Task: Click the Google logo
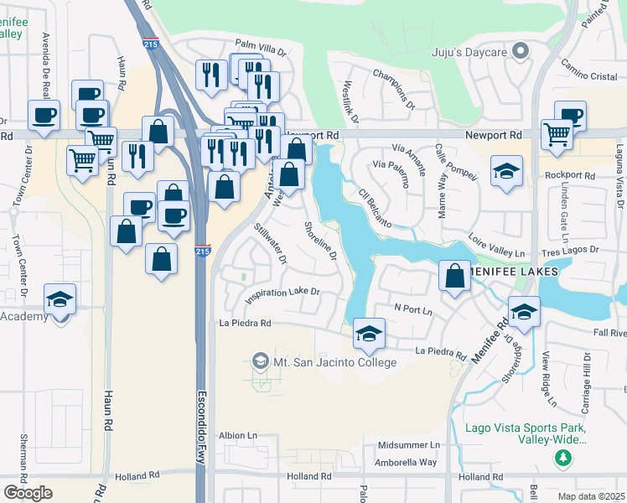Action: pos(28,492)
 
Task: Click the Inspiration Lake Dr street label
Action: pos(282,293)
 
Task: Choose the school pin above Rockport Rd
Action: pos(506,173)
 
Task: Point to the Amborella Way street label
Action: pos(407,462)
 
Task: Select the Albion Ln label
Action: pos(237,436)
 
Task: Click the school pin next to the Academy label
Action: pos(60,300)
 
